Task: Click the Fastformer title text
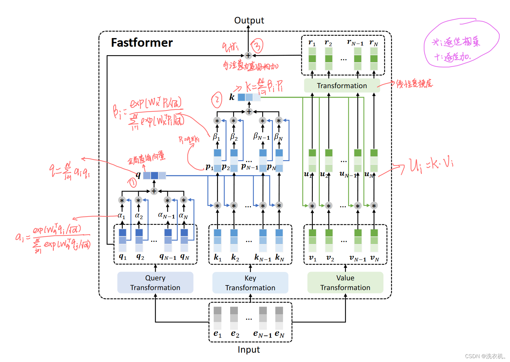tap(142, 43)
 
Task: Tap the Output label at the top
tap(249, 21)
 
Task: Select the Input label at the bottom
tap(249, 350)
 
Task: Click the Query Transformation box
tap(155, 283)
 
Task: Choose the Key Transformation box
tap(250, 283)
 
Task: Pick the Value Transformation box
tap(345, 283)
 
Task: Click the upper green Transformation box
tap(342, 86)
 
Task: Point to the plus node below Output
tap(248, 55)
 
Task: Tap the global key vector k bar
tap(249, 97)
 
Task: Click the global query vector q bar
tap(154, 176)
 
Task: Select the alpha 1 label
tap(121, 216)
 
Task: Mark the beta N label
tap(278, 137)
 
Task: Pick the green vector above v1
tap(313, 240)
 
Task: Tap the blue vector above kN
tap(279, 240)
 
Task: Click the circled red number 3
tap(257, 46)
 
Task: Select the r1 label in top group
tap(312, 42)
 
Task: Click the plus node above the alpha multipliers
tap(154, 191)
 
